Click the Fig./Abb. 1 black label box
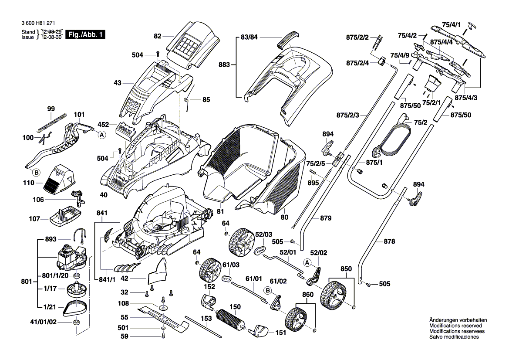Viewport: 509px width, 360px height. (x=84, y=34)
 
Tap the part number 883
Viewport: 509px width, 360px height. (x=224, y=65)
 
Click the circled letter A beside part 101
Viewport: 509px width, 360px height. (x=101, y=135)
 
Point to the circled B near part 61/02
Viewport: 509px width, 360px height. (x=267, y=289)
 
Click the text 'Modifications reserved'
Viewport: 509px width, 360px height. (x=455, y=326)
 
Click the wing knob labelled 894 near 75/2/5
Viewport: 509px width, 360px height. (x=328, y=147)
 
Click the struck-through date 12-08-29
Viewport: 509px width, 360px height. (x=52, y=32)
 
